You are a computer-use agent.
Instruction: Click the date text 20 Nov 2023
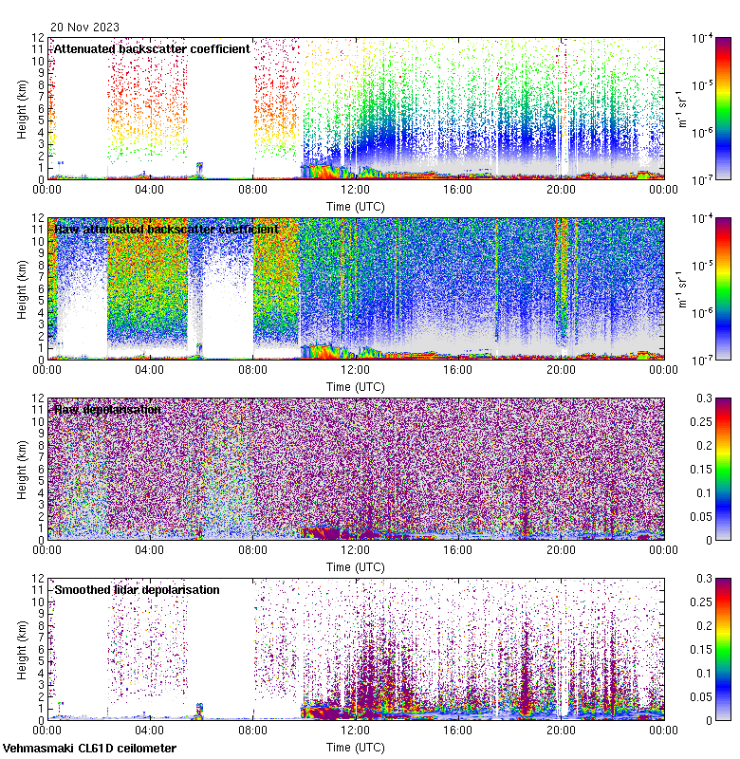85,28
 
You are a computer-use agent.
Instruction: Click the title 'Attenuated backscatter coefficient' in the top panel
152,48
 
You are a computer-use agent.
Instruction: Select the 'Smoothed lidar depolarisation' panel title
137,589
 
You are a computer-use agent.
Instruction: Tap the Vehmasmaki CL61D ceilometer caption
89,749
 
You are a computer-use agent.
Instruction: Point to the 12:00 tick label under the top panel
355,188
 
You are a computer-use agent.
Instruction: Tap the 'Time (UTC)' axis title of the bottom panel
356,747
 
